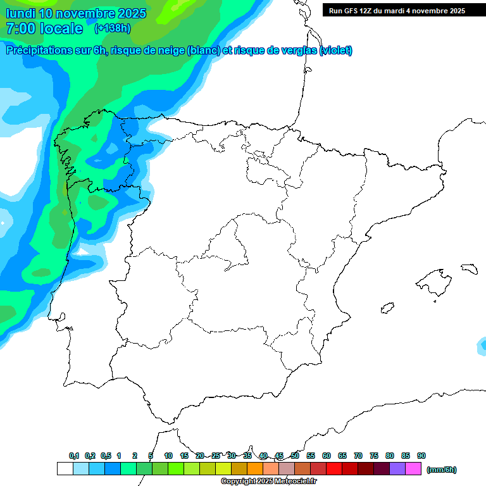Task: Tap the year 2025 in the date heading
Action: [x=129, y=13]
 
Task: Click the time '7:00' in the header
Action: [x=20, y=28]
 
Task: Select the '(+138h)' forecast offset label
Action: [x=112, y=28]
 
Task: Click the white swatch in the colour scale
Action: [x=65, y=469]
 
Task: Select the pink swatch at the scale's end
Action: [x=413, y=469]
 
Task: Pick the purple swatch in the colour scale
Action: [x=397, y=469]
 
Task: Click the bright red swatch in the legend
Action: [x=334, y=469]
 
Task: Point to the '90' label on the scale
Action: [x=421, y=456]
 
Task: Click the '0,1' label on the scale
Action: [x=74, y=456]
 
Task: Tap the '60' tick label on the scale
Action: [x=327, y=456]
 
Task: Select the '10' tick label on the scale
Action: [x=168, y=456]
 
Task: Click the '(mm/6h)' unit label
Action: [x=442, y=470]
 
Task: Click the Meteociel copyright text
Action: [x=269, y=482]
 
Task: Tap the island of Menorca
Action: [x=469, y=268]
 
